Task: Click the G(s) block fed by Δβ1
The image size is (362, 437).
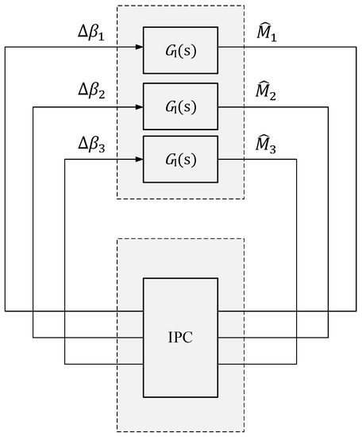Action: coord(180,47)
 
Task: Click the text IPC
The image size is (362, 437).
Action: coord(180,338)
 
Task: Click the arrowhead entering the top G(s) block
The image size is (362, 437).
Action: coord(139,47)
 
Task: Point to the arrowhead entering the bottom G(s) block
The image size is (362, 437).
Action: coord(139,158)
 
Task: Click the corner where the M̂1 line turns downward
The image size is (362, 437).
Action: coord(356,47)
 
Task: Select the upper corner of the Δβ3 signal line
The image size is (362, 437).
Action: coord(64,158)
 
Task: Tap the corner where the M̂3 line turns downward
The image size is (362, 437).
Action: coord(297,158)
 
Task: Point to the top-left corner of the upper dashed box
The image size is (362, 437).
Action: coord(117,6)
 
